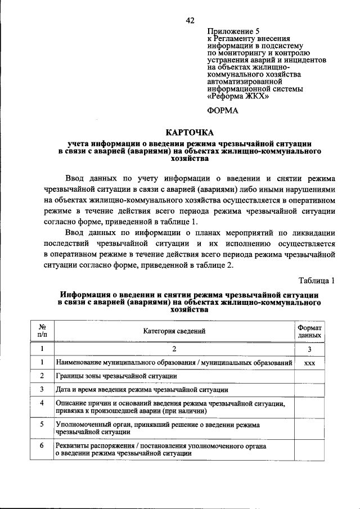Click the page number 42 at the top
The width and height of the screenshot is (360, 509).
190,20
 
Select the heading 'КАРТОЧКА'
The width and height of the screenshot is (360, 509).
189,132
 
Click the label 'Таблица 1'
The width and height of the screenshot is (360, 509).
317,280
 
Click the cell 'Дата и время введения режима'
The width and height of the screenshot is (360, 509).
141,389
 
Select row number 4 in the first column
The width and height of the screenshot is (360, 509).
42,403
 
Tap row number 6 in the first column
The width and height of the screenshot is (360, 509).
42,445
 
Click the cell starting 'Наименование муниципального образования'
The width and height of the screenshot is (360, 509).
174,363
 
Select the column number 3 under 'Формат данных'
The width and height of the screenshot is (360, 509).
309,349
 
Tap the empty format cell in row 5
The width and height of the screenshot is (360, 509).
309,428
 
